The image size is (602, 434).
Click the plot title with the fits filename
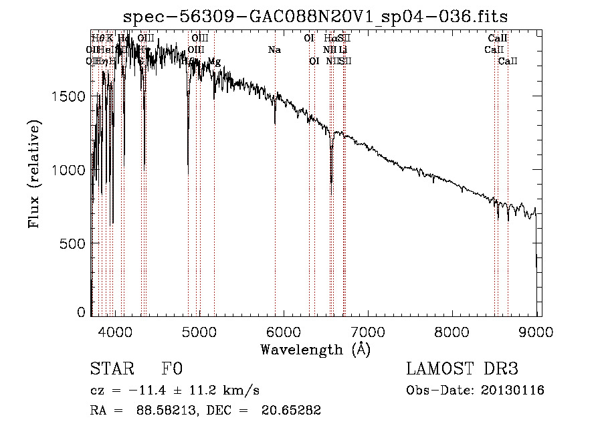[316, 17]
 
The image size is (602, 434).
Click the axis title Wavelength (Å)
[315, 349]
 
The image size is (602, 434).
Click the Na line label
[274, 50]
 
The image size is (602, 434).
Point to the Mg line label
[214, 62]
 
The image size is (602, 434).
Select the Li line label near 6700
[343, 50]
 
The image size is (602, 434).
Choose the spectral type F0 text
[171, 369]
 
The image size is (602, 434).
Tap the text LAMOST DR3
[462, 369]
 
